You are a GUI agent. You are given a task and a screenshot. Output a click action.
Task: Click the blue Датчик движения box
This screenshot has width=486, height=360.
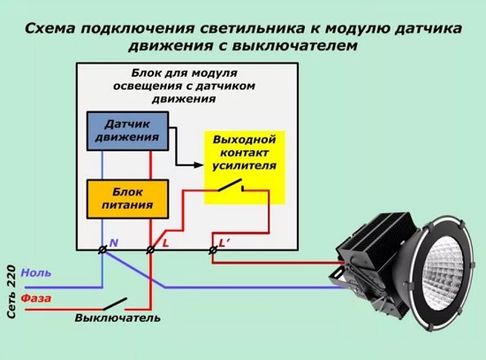128,131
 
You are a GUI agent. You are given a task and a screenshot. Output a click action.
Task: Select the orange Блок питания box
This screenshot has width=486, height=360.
128,199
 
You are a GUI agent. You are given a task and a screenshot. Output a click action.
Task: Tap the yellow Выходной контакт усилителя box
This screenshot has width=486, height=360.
245,167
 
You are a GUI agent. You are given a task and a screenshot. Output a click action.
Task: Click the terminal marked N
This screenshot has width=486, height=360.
103,249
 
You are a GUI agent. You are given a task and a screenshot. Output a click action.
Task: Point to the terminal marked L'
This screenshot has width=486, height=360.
213,249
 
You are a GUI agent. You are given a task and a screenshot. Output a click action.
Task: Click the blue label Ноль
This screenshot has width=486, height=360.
36,273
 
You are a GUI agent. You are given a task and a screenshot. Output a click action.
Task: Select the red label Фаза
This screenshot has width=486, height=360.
36,299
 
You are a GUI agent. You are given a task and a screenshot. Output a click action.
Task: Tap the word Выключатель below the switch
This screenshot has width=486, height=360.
118,318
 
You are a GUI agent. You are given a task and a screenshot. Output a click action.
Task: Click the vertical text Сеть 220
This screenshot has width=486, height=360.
11,291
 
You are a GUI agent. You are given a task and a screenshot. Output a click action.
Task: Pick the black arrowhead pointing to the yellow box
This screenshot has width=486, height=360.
199,165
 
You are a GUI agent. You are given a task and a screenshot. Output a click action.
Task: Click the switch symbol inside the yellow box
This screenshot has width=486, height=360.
231,185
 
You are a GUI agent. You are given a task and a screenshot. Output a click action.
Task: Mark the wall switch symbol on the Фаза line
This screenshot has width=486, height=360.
115,303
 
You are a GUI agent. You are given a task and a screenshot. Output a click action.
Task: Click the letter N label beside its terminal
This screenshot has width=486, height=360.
114,242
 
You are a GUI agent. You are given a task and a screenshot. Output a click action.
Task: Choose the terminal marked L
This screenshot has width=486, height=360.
150,249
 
